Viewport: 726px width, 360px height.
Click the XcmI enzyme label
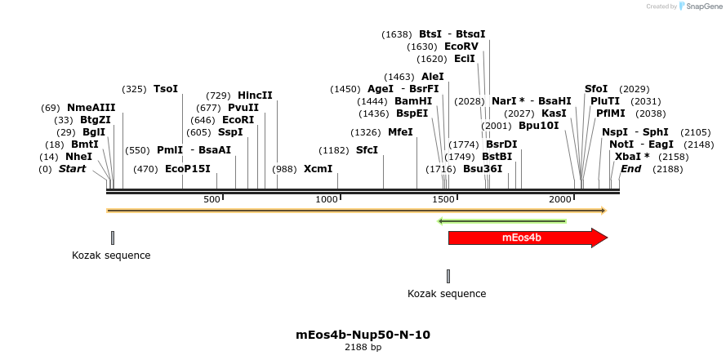318,169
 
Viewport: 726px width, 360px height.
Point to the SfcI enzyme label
367,150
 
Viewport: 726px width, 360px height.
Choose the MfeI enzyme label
400,131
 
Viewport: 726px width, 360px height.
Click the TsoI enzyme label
165,88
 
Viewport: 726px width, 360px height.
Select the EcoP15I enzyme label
188,169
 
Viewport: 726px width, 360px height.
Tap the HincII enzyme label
255,95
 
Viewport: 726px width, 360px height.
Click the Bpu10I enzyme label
538,126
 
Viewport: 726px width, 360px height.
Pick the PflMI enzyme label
610,113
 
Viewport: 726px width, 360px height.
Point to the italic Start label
72,169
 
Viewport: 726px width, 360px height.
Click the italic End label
630,169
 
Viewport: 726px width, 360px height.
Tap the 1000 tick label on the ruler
327,199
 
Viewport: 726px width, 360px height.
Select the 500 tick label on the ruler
212,199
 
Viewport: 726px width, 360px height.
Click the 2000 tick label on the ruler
560,199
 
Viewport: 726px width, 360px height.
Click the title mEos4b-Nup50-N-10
363,335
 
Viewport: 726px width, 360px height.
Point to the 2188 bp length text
363,348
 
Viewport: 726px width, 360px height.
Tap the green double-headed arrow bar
502,220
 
